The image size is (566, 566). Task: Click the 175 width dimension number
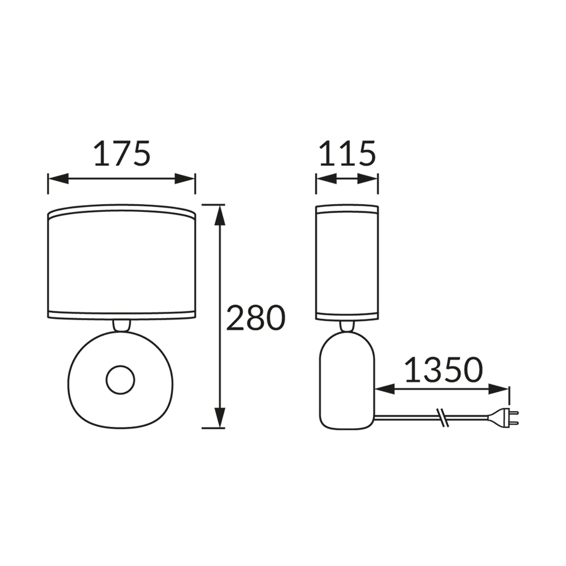[122, 154]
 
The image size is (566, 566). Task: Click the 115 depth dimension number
[347, 154]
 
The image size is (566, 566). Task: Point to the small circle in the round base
[120, 380]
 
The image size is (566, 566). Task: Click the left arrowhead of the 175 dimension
[58, 179]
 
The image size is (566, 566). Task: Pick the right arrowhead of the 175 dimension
[185, 179]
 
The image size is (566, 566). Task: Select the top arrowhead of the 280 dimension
[219, 215]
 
